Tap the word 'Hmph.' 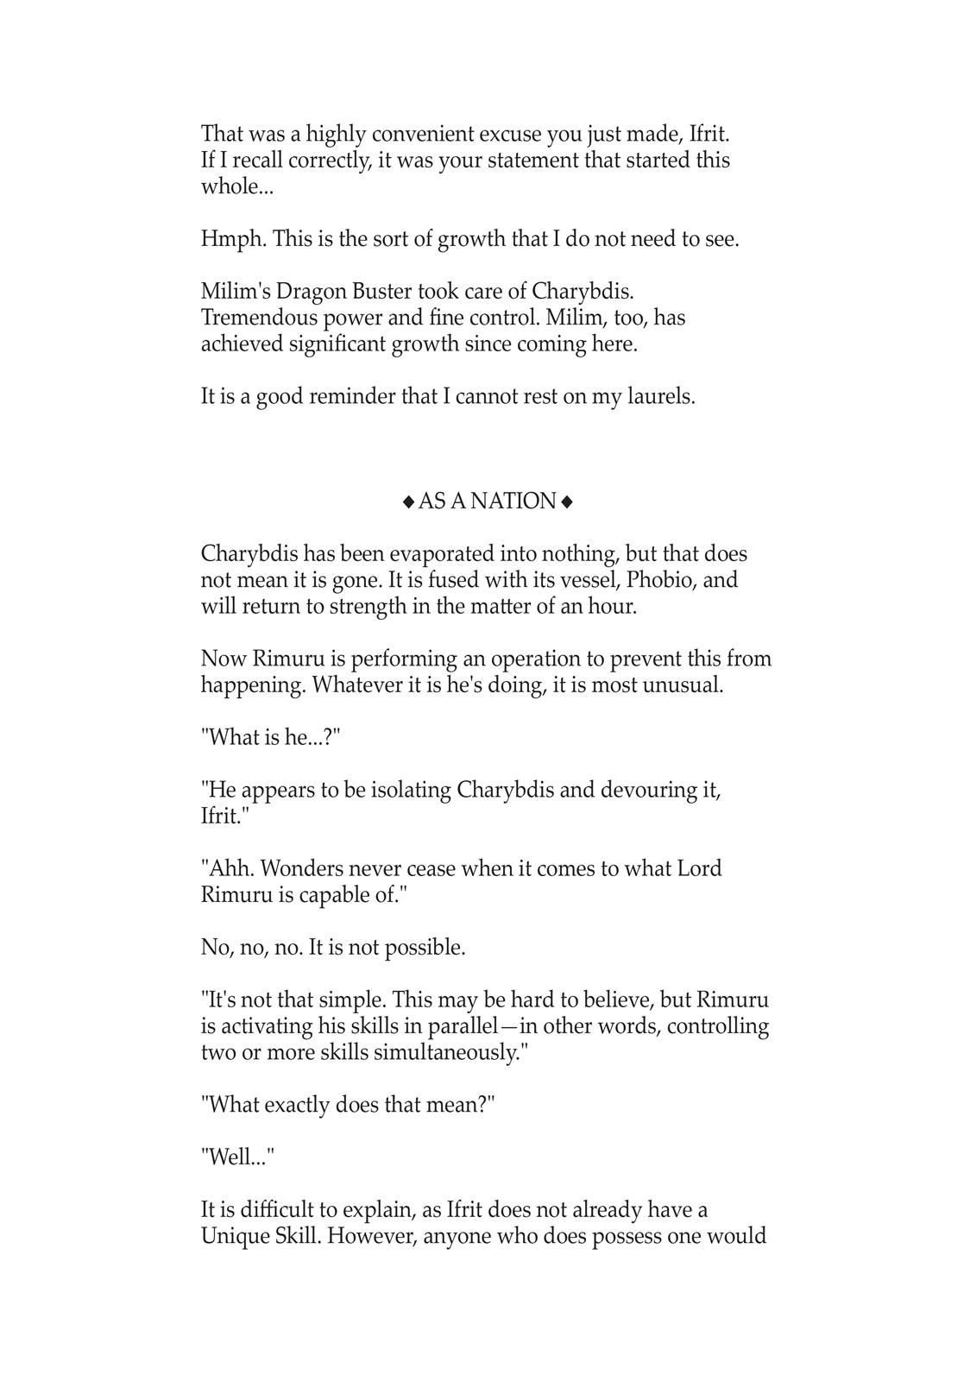click(x=234, y=239)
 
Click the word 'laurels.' click(x=658, y=397)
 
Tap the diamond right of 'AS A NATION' click(x=567, y=501)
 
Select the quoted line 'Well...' click(x=237, y=1158)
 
